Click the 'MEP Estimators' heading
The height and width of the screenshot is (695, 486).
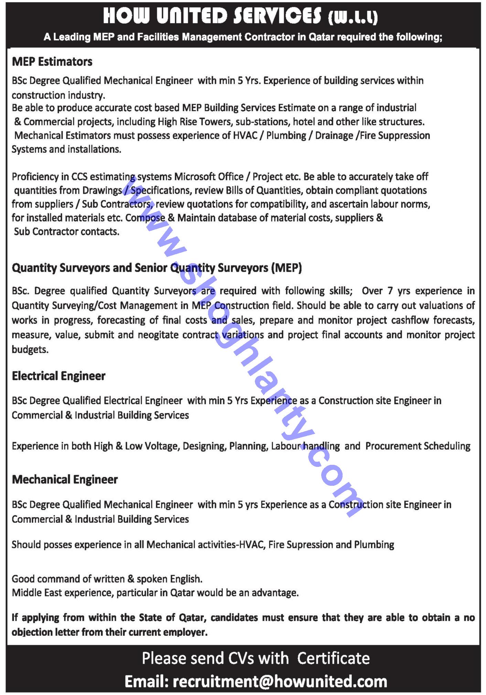[52, 62]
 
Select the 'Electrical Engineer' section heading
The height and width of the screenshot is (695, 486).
[58, 376]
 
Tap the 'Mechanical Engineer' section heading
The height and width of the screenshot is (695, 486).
[65, 480]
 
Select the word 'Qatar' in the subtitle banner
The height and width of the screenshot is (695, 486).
[321, 37]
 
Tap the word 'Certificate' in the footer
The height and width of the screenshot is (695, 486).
[333, 658]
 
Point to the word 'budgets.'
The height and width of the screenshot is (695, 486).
[30, 349]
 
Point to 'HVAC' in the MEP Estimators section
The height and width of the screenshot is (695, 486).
[245, 135]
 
